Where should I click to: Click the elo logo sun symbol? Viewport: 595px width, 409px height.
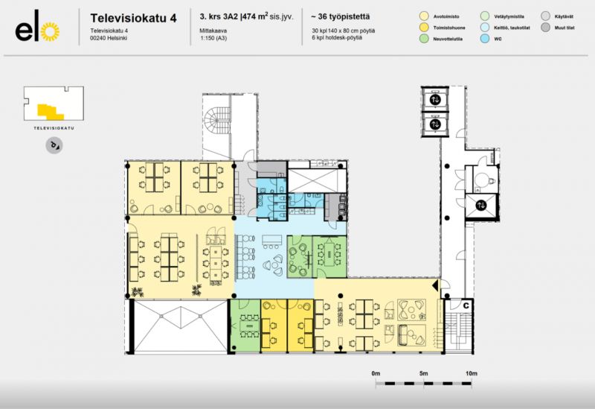48,31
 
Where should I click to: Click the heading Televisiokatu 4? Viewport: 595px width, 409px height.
133,17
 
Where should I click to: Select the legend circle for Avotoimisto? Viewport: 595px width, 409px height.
423,15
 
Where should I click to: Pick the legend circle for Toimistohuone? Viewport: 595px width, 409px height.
423,27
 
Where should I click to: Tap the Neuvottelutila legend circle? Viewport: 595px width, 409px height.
423,39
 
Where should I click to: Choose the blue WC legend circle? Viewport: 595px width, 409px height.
485,39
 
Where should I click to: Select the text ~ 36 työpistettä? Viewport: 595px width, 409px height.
341,16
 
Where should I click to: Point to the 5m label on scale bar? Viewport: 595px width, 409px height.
424,373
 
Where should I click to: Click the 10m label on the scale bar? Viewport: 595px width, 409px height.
470,373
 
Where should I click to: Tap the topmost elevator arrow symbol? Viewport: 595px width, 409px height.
434,100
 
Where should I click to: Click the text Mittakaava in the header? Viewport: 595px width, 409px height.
213,30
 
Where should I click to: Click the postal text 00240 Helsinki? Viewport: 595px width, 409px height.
109,37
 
